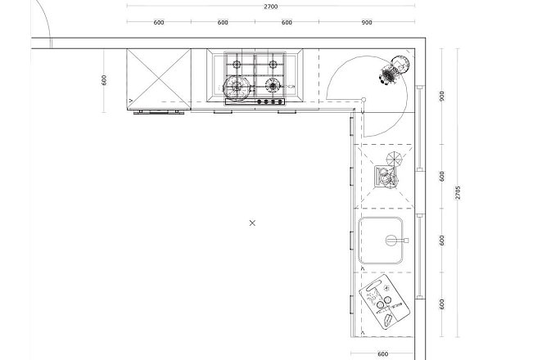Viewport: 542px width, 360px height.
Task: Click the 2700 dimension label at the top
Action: tap(271, 7)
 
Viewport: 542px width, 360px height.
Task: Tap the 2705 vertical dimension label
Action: tap(458, 192)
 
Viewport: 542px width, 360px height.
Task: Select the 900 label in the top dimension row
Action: tap(367, 22)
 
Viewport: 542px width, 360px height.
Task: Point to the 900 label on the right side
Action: tap(442, 96)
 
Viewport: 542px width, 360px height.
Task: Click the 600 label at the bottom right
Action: tap(382, 353)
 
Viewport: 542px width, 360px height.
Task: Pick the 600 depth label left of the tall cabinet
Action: tap(104, 80)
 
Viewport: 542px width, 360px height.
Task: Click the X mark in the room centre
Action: tap(252, 223)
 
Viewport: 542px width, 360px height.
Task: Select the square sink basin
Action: tap(380, 241)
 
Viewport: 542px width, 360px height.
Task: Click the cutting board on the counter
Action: tap(384, 302)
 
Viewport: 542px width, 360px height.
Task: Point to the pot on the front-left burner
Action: tap(237, 88)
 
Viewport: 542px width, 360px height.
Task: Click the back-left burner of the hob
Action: tap(237, 65)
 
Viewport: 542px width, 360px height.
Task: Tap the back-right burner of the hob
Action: tap(273, 65)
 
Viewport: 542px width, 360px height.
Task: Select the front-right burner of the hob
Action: tap(273, 85)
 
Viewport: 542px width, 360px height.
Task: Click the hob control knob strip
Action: tap(255, 101)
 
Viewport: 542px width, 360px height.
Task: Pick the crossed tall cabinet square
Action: tap(159, 79)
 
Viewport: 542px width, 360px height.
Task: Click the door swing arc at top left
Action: tap(46, 18)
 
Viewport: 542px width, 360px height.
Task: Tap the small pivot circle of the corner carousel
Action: tap(364, 100)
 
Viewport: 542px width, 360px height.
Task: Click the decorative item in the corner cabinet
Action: tap(394, 70)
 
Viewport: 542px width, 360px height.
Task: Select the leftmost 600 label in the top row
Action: tap(159, 22)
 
